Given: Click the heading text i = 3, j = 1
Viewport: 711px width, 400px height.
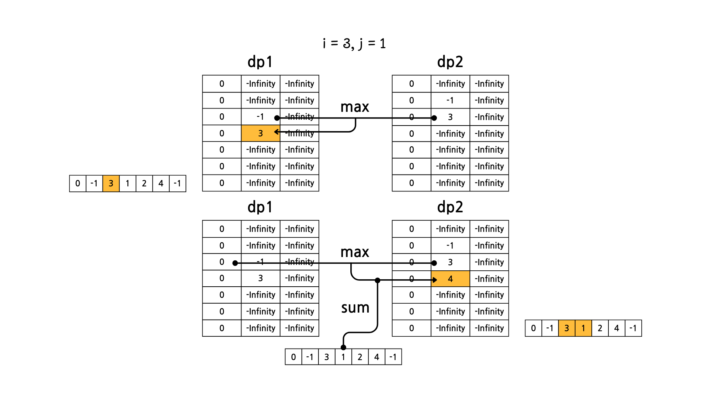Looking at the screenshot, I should pyautogui.click(x=354, y=44).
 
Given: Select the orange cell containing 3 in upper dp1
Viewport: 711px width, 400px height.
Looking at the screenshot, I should pyautogui.click(x=260, y=133).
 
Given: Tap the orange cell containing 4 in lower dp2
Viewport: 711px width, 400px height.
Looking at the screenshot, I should pyautogui.click(x=450, y=279).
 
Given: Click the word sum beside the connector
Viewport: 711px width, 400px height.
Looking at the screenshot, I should pyautogui.click(x=355, y=308).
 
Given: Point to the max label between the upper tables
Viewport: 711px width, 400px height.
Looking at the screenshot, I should pyautogui.click(x=354, y=107).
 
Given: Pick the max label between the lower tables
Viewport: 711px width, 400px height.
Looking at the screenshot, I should pyautogui.click(x=354, y=252).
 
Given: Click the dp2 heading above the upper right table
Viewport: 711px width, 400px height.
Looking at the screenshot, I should pyautogui.click(x=450, y=62).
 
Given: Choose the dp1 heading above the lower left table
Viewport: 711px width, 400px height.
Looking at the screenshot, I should pyautogui.click(x=260, y=207).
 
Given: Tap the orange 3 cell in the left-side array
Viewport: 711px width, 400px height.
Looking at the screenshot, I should pyautogui.click(x=111, y=183).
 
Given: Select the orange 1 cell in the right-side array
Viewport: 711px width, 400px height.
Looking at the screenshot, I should pyautogui.click(x=583, y=328).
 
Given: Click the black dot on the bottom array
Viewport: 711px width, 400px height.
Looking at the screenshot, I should pyautogui.click(x=343, y=347).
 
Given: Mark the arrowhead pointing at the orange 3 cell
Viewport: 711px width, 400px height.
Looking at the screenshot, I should pyautogui.click(x=276, y=132).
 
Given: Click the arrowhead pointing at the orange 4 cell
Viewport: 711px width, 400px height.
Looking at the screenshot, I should pyautogui.click(x=435, y=280).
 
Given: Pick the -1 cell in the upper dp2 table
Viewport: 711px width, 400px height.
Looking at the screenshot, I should pyautogui.click(x=450, y=100).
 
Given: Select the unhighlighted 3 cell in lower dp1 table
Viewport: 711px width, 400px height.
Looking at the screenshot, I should pyautogui.click(x=260, y=278).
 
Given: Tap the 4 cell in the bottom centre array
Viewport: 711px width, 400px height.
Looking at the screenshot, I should pyautogui.click(x=377, y=357).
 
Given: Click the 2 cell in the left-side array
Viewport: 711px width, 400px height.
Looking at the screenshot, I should pyautogui.click(x=144, y=183).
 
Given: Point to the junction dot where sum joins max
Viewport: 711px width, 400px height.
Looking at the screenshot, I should pyautogui.click(x=377, y=280).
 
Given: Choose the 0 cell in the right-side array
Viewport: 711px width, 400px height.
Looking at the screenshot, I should pyautogui.click(x=533, y=328).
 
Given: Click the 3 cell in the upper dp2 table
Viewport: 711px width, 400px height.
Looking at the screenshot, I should pyautogui.click(x=450, y=117).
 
